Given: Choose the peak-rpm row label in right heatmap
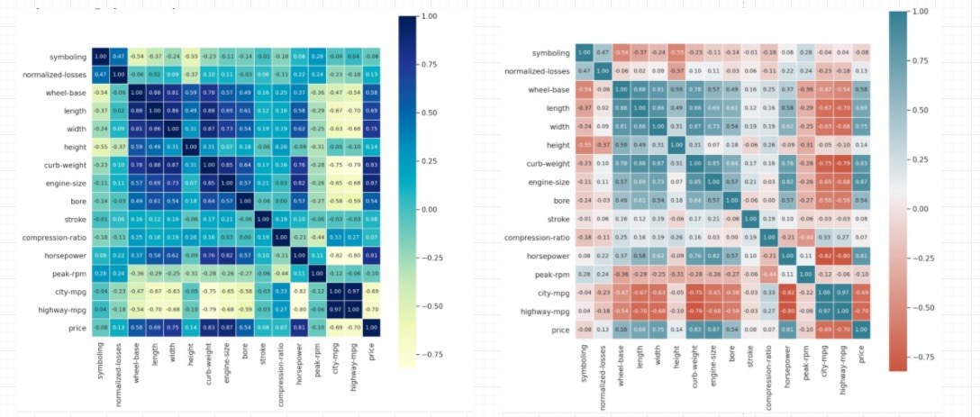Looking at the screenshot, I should click(549, 273).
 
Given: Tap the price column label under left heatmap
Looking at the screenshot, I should click(370, 352).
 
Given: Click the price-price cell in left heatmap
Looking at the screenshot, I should click(370, 329).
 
